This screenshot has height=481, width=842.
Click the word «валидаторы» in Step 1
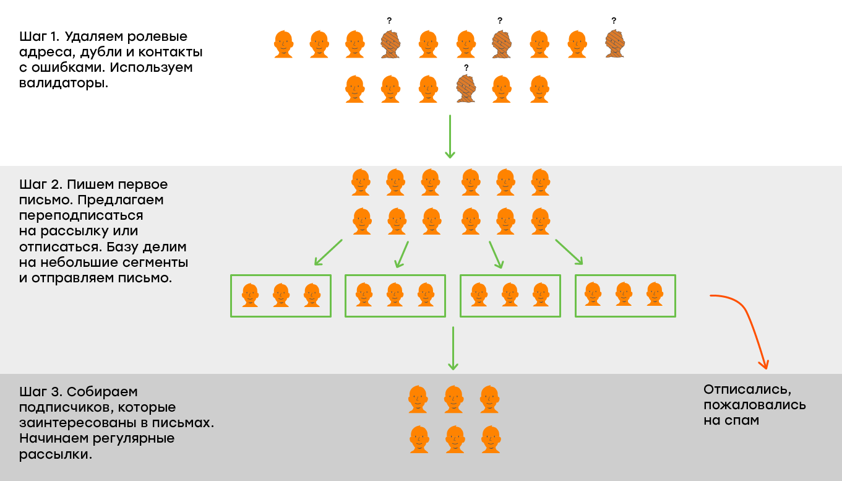pyautogui.click(x=63, y=83)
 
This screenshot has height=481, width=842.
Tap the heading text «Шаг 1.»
pyautogui.click(x=39, y=37)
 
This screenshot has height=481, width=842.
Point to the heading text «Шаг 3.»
pyautogui.click(x=41, y=392)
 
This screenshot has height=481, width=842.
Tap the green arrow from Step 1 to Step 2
pyautogui.click(x=450, y=137)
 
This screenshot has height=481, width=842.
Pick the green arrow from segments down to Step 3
pyautogui.click(x=453, y=349)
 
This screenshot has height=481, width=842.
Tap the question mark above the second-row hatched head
pyautogui.click(x=466, y=67)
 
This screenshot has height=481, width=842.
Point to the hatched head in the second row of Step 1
pyautogui.click(x=466, y=89)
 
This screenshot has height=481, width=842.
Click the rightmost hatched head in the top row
pyautogui.click(x=614, y=44)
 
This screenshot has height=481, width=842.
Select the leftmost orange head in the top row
pyautogui.click(x=283, y=44)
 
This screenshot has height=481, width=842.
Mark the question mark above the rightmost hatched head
pyautogui.click(x=614, y=20)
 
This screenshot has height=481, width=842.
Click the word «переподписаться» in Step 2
pyautogui.click(x=81, y=216)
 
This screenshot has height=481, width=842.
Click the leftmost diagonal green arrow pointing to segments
pyautogui.click(x=328, y=253)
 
